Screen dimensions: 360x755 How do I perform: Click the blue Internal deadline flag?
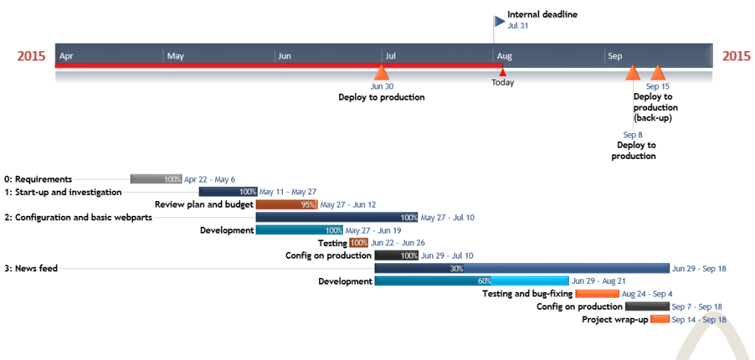coord(499,21)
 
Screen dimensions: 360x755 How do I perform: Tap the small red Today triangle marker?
coord(502,72)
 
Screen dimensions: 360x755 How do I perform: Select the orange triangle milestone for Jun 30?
coord(381,72)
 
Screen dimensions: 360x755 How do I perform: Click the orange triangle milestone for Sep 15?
coord(657,72)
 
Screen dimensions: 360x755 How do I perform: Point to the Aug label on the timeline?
coord(505,56)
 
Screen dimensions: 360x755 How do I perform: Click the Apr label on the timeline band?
coord(66,56)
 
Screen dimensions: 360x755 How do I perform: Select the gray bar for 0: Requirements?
coord(156,179)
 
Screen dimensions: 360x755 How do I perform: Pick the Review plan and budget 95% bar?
coord(286,205)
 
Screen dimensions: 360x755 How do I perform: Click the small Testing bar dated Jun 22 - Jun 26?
coord(358,242)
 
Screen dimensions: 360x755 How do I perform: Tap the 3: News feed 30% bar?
coord(522,268)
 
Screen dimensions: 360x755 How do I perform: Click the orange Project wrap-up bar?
coord(660,319)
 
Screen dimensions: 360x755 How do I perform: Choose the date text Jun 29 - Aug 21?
coord(598,281)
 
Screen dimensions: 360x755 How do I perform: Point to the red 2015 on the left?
coord(31,56)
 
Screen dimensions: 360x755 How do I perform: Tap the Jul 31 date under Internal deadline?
coord(518,25)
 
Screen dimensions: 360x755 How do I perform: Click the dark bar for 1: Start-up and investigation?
coord(228,192)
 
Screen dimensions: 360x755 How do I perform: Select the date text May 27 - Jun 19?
coord(373,230)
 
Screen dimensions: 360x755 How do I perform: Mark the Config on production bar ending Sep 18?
coord(647,307)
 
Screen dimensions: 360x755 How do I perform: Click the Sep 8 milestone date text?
coord(633,135)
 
